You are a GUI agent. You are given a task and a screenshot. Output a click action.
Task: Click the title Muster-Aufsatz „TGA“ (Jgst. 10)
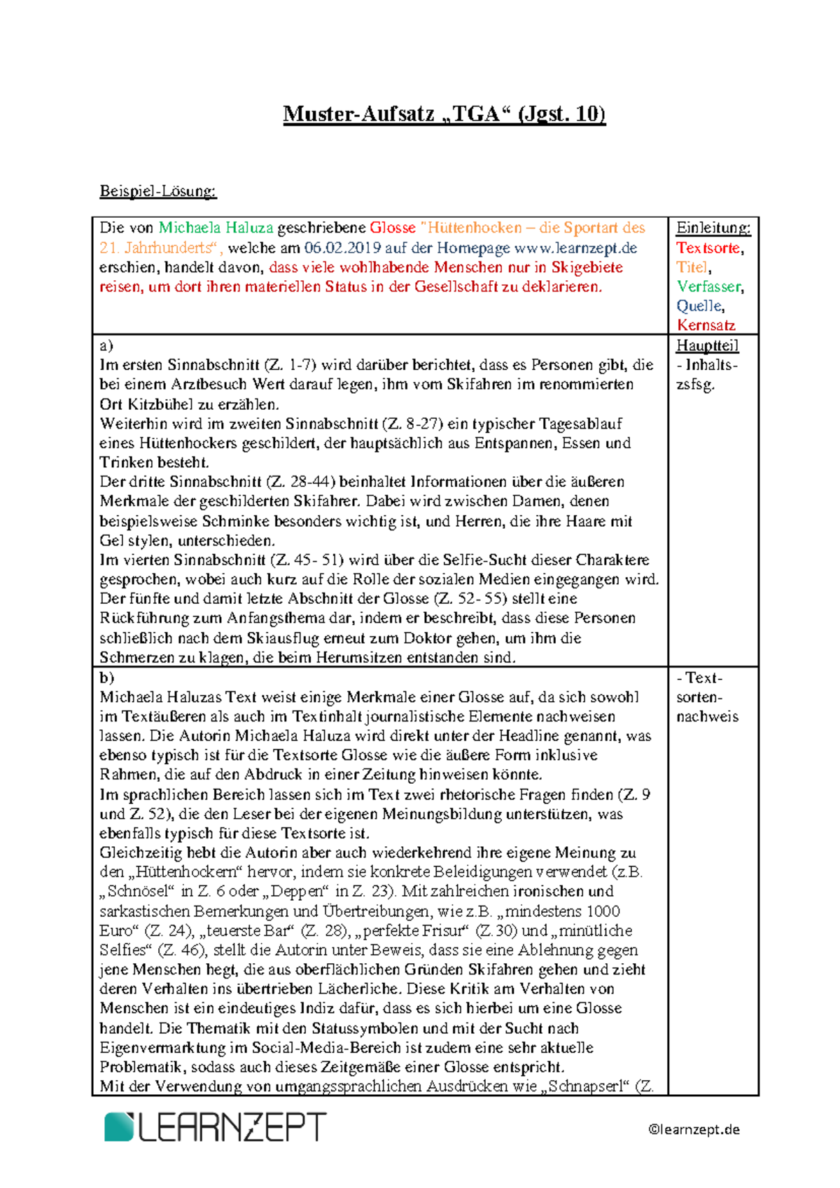[x=444, y=113]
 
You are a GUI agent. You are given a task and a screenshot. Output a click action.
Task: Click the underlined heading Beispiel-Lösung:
[x=158, y=191]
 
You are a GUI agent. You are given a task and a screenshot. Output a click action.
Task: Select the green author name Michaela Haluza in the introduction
[x=216, y=228]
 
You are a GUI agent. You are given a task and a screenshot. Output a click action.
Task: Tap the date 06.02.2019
[x=342, y=247]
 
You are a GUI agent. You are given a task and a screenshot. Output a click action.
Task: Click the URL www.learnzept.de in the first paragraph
[x=575, y=247]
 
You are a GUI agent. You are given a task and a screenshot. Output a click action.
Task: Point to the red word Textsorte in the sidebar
[x=708, y=247]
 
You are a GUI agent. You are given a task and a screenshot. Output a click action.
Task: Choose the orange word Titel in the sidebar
[x=692, y=267]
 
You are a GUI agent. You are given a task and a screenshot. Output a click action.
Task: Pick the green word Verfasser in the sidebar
[x=708, y=286]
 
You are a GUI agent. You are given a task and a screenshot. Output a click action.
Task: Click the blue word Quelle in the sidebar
[x=699, y=306]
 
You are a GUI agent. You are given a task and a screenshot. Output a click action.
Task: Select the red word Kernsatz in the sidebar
[x=706, y=325]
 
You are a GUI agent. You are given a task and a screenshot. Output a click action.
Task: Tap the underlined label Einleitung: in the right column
[x=713, y=228]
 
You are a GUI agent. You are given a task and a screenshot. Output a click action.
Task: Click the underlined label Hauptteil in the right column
[x=707, y=345]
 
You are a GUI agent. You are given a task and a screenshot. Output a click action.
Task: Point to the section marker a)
[x=106, y=345]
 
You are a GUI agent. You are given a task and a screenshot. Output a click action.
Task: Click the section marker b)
[x=106, y=677]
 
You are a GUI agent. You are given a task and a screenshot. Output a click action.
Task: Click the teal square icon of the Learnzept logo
[x=119, y=1126]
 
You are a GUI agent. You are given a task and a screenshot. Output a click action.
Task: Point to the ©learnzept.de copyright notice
[x=694, y=1129]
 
